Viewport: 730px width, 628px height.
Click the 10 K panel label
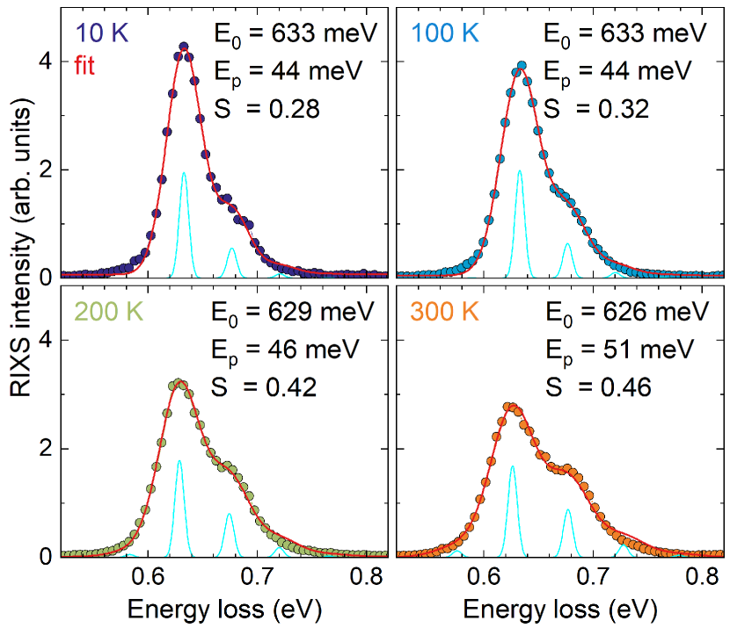(102, 34)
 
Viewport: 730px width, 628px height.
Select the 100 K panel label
(447, 34)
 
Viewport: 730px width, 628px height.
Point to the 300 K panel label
(447, 312)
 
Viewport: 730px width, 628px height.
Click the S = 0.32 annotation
(595, 109)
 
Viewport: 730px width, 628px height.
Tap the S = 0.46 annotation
(595, 386)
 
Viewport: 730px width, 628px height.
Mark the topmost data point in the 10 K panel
(184, 47)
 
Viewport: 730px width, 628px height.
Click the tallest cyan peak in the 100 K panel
(520, 172)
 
